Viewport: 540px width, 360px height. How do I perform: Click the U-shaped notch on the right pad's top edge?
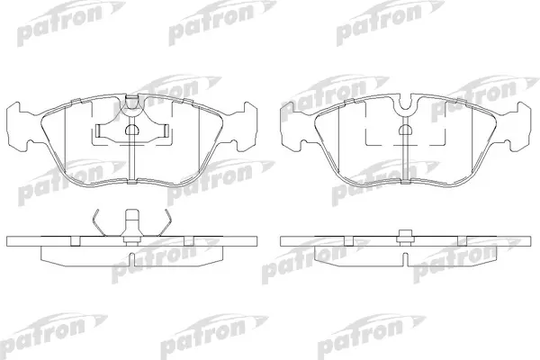coord(406,103)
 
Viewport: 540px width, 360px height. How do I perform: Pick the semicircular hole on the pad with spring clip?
coord(131,130)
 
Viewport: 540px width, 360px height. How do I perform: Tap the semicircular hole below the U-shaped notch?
coord(406,130)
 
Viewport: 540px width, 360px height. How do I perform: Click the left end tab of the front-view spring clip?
coord(98,130)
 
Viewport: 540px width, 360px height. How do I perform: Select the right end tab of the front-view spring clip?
coord(165,130)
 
